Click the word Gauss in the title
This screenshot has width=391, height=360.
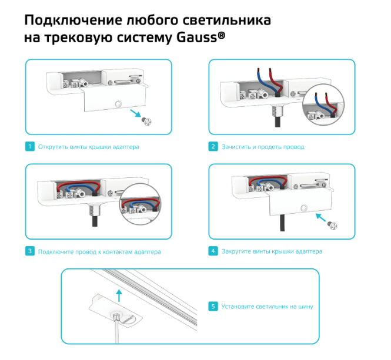(197, 38)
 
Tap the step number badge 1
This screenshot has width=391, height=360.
(30, 146)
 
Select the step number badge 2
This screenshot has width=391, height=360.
(213, 146)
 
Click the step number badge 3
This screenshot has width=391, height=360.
(30, 251)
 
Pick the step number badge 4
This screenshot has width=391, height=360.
(213, 251)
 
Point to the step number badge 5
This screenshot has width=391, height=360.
(213, 307)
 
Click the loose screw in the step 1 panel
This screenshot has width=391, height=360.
(146, 122)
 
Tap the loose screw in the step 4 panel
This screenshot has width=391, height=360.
(332, 225)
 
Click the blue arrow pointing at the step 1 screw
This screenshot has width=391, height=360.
(136, 113)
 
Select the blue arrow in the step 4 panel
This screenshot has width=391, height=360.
(320, 217)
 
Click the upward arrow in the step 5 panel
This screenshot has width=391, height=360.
(119, 295)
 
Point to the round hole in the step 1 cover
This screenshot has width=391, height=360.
(118, 103)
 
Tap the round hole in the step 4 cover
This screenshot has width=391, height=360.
(304, 208)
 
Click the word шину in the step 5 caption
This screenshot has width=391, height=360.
(306, 307)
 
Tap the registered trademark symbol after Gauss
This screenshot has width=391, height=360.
(222, 35)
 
